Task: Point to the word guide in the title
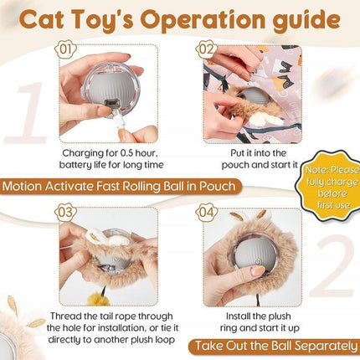304,20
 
